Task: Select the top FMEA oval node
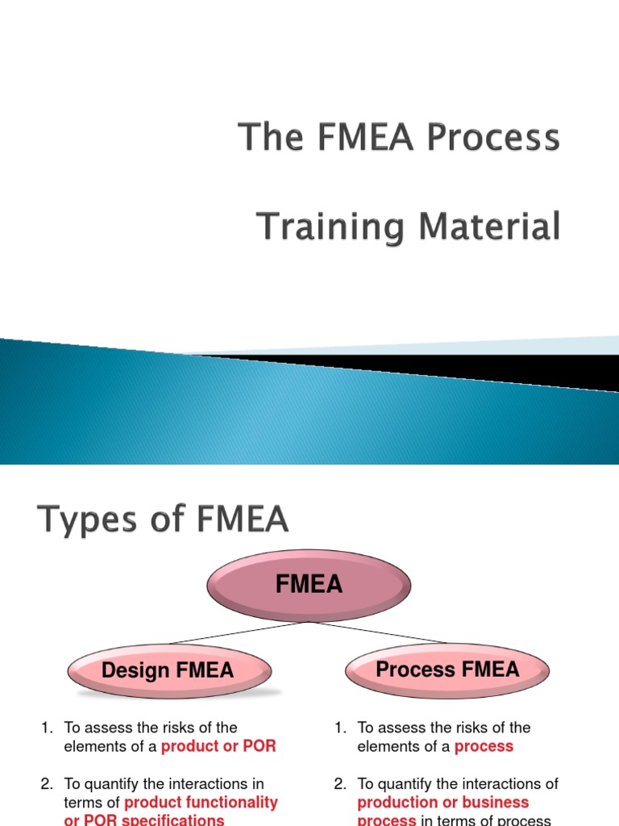[x=309, y=585]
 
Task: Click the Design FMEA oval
[x=168, y=670]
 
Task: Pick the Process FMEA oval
[x=447, y=670]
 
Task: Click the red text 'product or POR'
[x=218, y=746]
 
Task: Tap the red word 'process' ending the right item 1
[x=484, y=746]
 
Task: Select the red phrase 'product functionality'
[x=201, y=803]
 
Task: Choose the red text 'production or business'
[x=443, y=803]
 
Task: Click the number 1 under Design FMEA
[x=45, y=728]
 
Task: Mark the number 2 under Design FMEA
[x=45, y=784]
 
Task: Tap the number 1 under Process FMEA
[x=339, y=728]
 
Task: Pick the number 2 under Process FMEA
[x=339, y=784]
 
